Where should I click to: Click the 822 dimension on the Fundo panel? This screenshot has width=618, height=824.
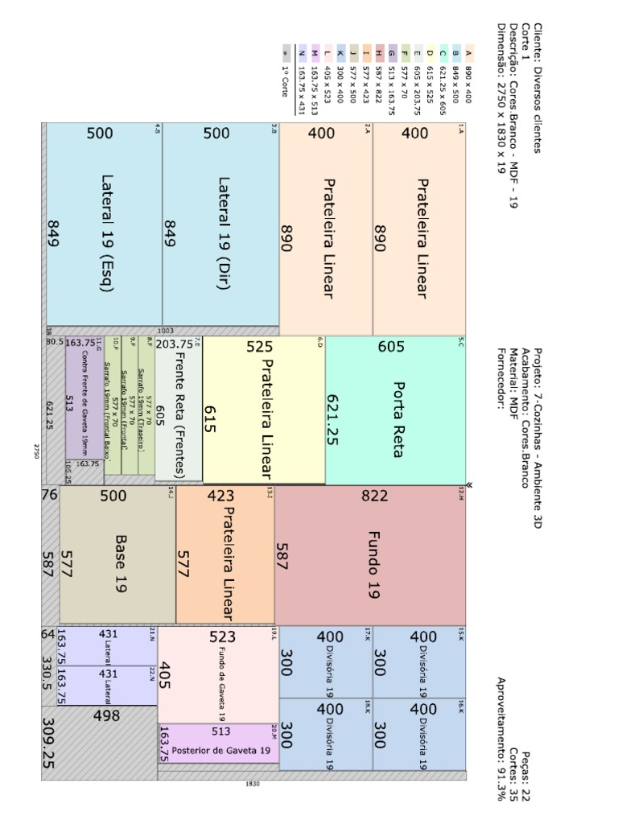(375, 496)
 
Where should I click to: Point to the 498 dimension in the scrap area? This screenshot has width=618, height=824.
(107, 715)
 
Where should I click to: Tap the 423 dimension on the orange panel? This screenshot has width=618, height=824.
(221, 496)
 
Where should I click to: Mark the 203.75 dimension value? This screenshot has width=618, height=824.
(174, 344)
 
